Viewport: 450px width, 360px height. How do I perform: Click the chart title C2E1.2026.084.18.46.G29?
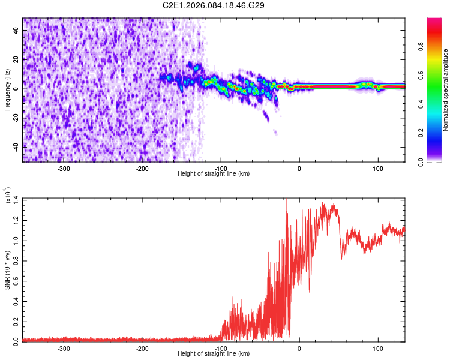[214, 5]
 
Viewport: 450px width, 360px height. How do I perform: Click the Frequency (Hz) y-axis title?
[7, 90]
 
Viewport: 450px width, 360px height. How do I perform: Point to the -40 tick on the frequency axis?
[16, 147]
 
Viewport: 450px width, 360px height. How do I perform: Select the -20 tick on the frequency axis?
[16, 118]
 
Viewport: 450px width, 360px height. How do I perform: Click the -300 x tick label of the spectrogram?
[64, 168]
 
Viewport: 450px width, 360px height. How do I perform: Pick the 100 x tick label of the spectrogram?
[378, 168]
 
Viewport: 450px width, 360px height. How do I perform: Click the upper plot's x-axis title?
[214, 173]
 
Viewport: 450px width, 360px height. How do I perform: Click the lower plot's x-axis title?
[214, 353]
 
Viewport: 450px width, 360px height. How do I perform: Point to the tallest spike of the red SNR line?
[286, 200]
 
